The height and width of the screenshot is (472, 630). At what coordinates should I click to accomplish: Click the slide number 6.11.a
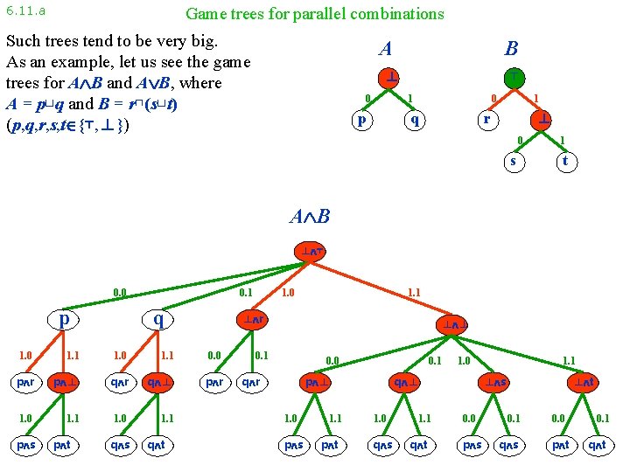pos(25,11)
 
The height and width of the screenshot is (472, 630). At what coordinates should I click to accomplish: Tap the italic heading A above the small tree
pos(385,49)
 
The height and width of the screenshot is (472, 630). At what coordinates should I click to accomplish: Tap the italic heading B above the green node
pos(511,49)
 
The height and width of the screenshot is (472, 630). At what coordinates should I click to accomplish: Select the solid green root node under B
pos(514,77)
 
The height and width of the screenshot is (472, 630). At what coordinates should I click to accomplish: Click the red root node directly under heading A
pos(388,77)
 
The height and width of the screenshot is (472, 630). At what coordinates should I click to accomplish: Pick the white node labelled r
pos(488,118)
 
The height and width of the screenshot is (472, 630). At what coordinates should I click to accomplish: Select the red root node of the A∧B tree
pos(312,253)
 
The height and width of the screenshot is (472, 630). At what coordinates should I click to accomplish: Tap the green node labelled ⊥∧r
pos(253,320)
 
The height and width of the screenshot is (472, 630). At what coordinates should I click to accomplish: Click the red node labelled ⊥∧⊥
pos(457,325)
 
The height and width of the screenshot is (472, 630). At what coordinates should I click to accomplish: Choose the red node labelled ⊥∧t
pos(584,382)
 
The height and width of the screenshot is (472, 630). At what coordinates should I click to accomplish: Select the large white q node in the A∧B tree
pos(158,320)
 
